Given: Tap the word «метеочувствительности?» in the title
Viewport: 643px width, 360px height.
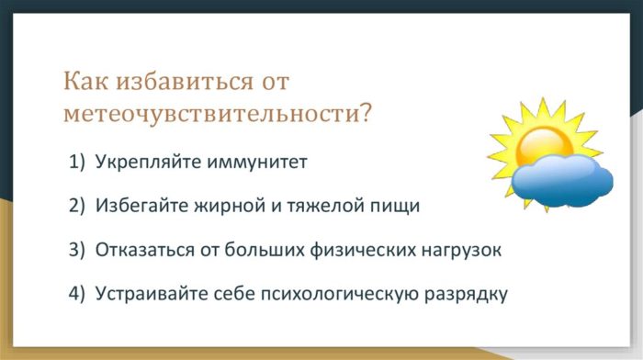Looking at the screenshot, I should click(218, 114).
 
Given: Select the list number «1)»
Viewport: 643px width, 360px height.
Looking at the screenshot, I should click(77, 163).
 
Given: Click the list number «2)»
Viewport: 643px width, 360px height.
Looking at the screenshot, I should click(77, 206).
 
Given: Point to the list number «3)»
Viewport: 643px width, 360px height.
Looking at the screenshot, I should click(77, 250).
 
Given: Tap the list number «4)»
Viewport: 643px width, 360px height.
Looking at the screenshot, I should click(77, 294).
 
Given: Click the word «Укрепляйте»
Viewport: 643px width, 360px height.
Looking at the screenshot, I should click(141, 163).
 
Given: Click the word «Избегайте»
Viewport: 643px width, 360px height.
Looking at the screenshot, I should click(137, 206).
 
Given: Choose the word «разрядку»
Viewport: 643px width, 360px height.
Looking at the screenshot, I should click(463, 294).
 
